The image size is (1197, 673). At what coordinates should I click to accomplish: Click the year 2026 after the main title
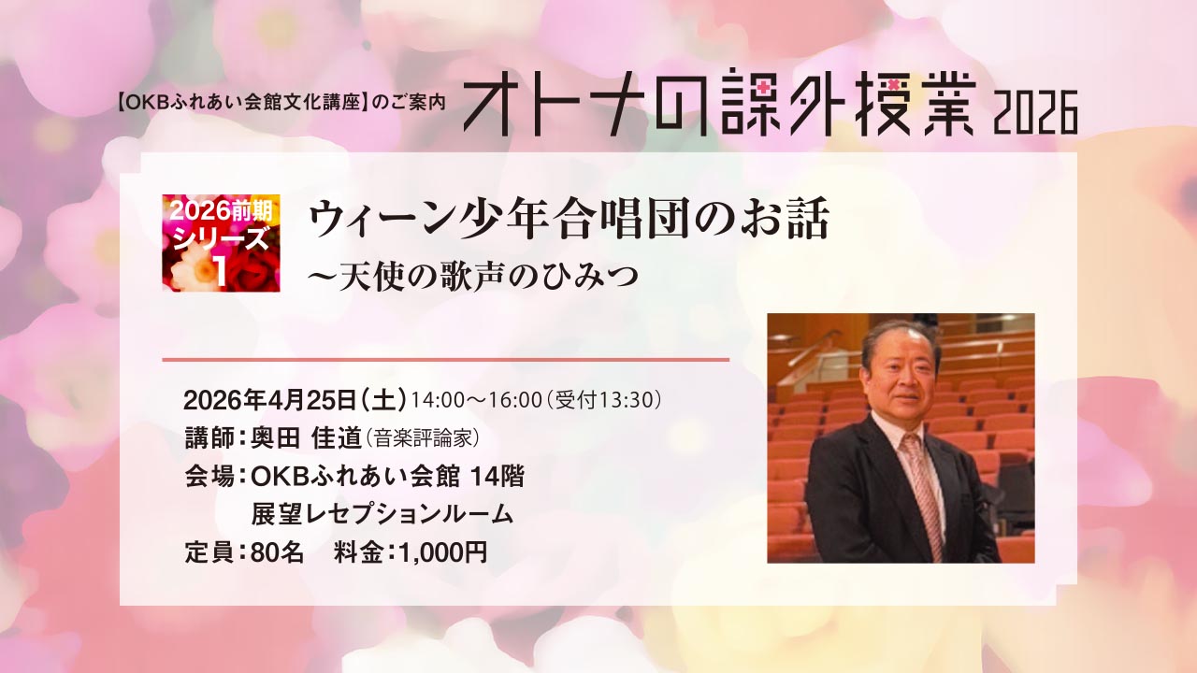1035,113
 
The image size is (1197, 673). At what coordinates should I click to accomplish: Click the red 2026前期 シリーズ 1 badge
222,243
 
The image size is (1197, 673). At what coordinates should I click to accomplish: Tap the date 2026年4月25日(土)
295,400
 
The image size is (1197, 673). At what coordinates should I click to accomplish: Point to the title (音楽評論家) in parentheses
422,439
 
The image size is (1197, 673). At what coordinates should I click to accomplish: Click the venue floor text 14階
497,477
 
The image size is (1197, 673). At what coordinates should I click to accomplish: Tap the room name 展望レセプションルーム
382,514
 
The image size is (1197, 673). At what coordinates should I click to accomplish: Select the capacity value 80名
277,552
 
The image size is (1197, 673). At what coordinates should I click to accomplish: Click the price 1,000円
443,552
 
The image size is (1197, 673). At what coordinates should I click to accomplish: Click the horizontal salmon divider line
446,360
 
